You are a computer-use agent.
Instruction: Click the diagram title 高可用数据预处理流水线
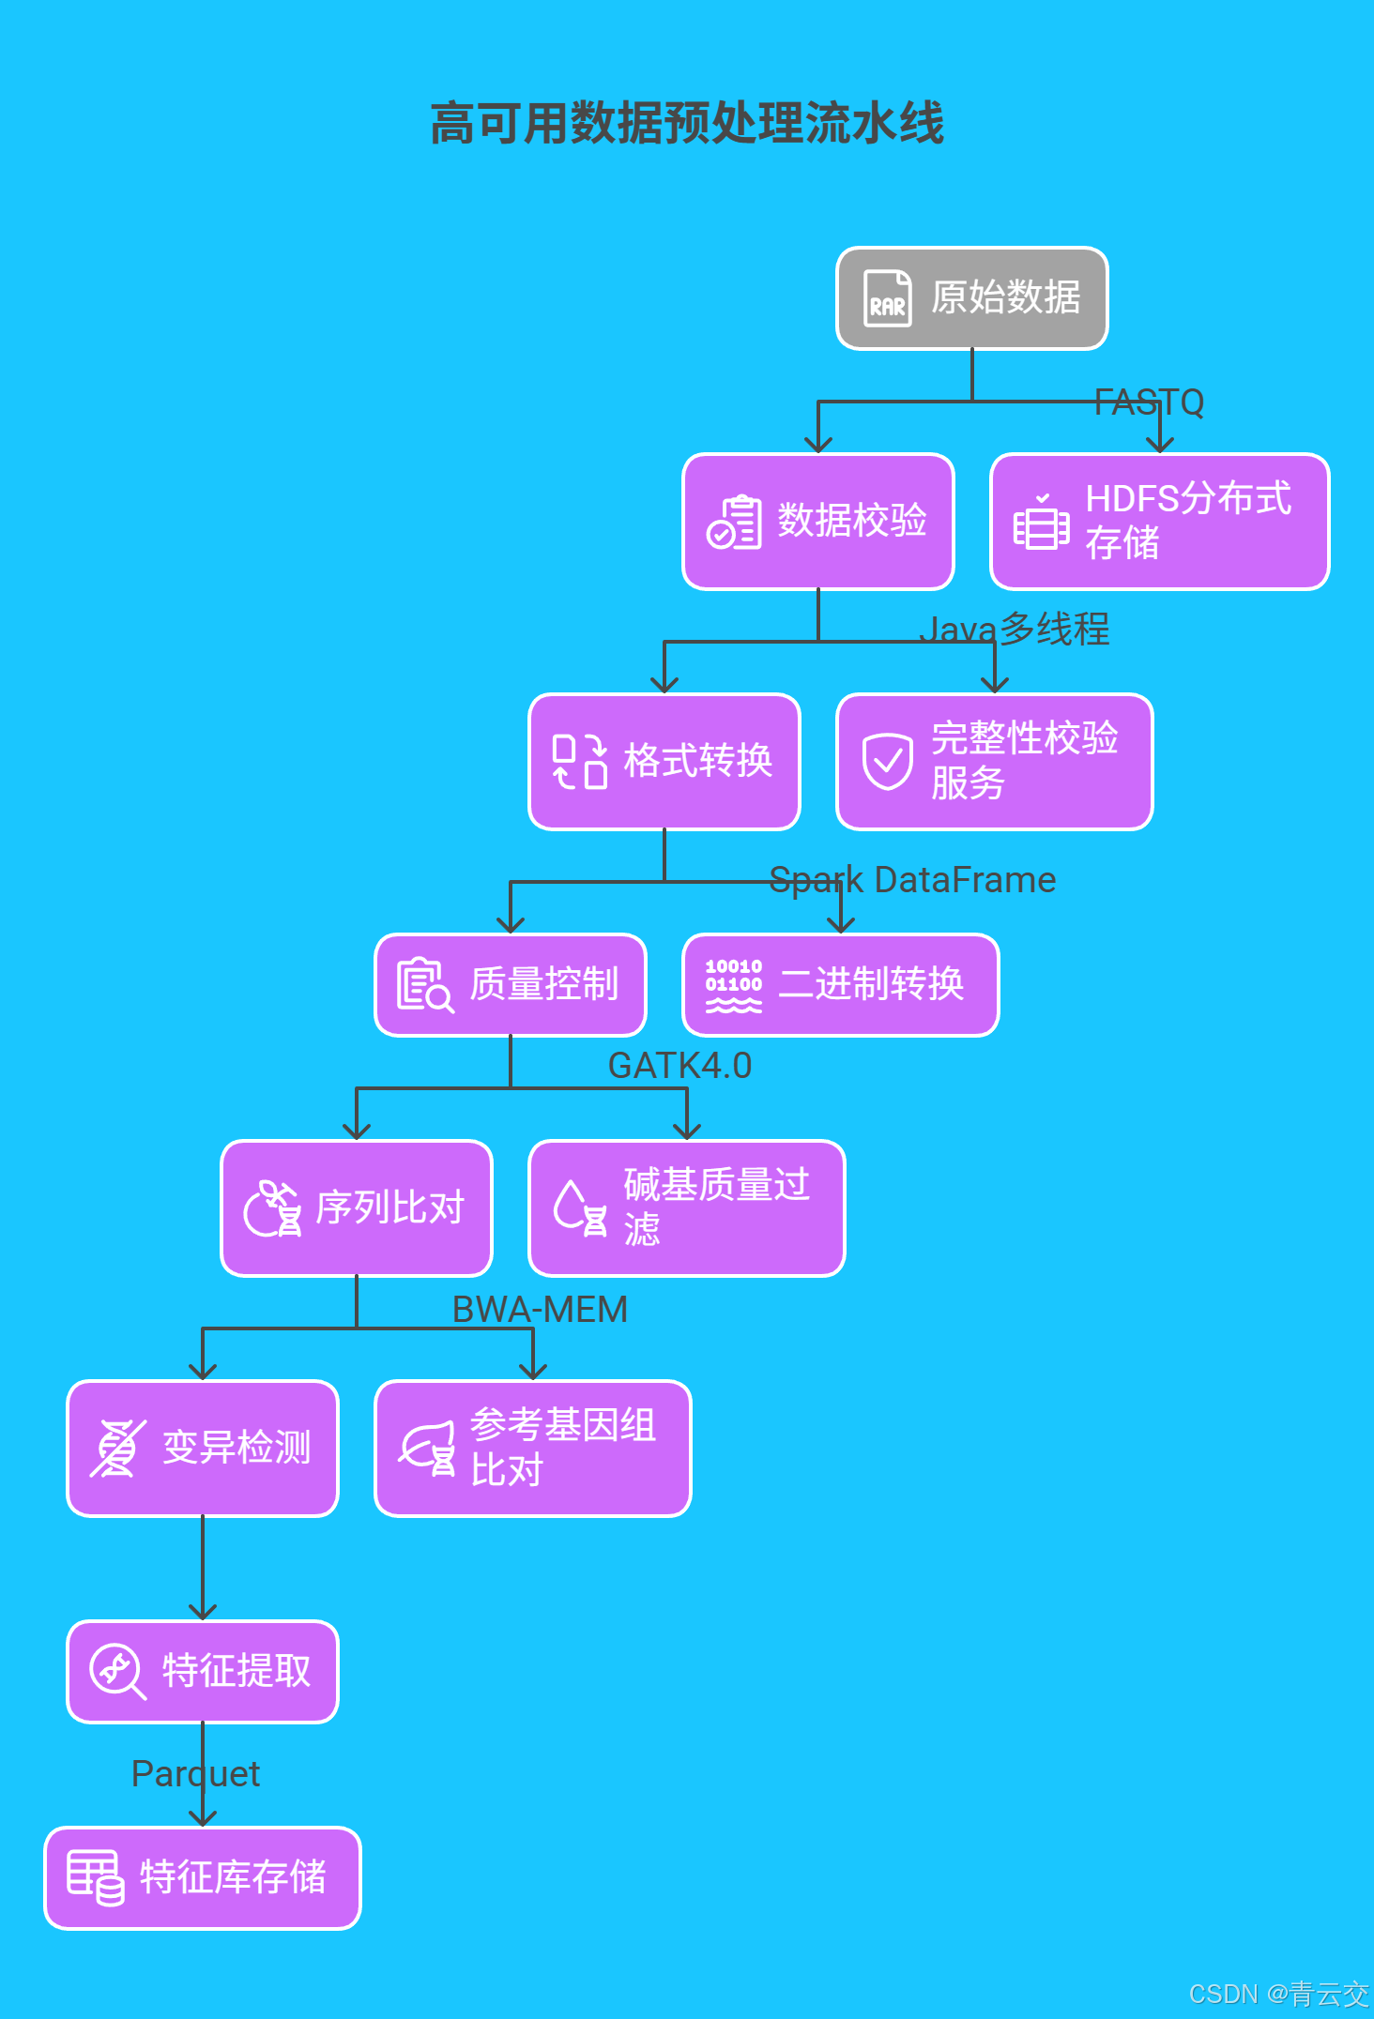pyautogui.click(x=687, y=124)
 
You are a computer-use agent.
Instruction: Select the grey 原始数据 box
pyautogui.click(x=972, y=298)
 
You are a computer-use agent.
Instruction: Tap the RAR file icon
pyautogui.click(x=887, y=298)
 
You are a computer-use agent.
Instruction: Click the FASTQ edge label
pyautogui.click(x=1149, y=402)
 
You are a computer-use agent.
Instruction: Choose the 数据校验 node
pyautogui.click(x=818, y=522)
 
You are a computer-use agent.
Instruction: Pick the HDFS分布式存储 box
pyautogui.click(x=1160, y=522)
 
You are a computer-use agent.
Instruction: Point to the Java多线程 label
pyautogui.click(x=1015, y=629)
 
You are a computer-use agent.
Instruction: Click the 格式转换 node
pyautogui.click(x=664, y=762)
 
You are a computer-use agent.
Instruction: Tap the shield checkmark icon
pyautogui.click(x=887, y=761)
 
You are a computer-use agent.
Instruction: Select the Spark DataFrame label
pyautogui.click(x=912, y=880)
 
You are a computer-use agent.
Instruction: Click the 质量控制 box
pyautogui.click(x=511, y=985)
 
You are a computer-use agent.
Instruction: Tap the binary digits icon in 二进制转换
pyautogui.click(x=734, y=985)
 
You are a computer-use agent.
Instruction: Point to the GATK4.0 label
pyautogui.click(x=679, y=1066)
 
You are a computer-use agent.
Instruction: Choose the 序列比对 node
pyautogui.click(x=357, y=1208)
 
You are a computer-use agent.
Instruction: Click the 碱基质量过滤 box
pyautogui.click(x=687, y=1208)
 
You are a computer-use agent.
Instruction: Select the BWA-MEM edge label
pyautogui.click(x=540, y=1310)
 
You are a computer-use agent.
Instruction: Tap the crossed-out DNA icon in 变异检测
pyautogui.click(x=117, y=1449)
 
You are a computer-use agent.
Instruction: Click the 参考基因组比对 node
pyautogui.click(x=533, y=1449)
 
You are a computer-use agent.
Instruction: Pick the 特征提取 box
pyautogui.click(x=203, y=1672)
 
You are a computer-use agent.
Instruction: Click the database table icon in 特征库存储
pyautogui.click(x=95, y=1877)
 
